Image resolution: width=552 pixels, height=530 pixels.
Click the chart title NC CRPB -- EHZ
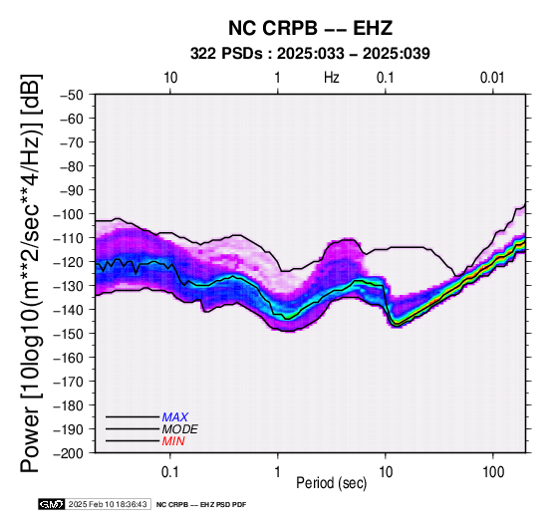tap(310, 28)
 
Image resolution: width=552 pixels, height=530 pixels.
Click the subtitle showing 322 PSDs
tap(310, 54)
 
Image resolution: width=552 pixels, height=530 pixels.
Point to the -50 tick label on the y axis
tap(72, 95)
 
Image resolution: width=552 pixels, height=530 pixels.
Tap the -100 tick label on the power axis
tap(69, 214)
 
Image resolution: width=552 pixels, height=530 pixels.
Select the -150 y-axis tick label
tap(69, 334)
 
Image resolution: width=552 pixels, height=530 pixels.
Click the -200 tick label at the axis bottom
tap(69, 453)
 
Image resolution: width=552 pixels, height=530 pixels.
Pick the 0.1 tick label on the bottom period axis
tap(170, 472)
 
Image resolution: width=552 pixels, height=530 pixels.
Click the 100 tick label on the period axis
tap(493, 472)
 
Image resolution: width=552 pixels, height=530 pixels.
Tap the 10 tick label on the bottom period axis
tap(386, 472)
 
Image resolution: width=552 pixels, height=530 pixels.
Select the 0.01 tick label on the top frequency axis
tap(492, 78)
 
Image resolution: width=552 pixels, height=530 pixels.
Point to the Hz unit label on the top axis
tap(332, 78)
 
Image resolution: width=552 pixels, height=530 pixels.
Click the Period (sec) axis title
tap(331, 483)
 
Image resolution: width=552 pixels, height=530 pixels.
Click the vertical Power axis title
tap(31, 273)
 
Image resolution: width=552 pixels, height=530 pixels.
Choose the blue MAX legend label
tap(174, 417)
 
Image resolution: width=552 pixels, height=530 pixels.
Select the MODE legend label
tap(180, 429)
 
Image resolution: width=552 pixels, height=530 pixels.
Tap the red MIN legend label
tap(173, 441)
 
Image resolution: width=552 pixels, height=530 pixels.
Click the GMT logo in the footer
tap(52, 504)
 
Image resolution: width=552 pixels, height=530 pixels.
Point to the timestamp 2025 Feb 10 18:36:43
tap(108, 504)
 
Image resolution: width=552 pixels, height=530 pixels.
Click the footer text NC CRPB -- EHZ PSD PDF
tap(201, 505)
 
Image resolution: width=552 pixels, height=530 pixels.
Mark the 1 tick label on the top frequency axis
tap(278, 78)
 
